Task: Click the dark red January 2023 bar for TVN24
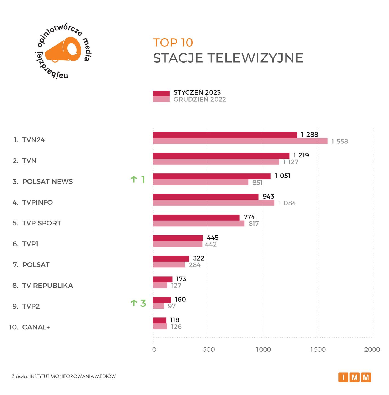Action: (225, 135)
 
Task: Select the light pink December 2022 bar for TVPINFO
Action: (213, 203)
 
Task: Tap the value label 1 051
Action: (282, 176)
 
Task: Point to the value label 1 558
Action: (339, 142)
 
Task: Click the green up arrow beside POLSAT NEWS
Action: (134, 180)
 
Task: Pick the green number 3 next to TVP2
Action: (143, 303)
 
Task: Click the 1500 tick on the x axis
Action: (318, 349)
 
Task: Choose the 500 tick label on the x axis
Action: (208, 349)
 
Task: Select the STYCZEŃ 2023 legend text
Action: (197, 92)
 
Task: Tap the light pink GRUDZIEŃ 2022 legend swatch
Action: (161, 99)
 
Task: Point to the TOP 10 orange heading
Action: (173, 43)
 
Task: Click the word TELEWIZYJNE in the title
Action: (255, 58)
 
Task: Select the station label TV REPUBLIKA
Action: (47, 286)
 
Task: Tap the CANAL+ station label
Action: (36, 327)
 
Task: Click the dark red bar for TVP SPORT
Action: (196, 217)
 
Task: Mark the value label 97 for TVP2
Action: (172, 306)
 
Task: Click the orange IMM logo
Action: (354, 377)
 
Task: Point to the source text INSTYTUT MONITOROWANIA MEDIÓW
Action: (73, 376)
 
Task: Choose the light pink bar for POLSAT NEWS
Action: (200, 182)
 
